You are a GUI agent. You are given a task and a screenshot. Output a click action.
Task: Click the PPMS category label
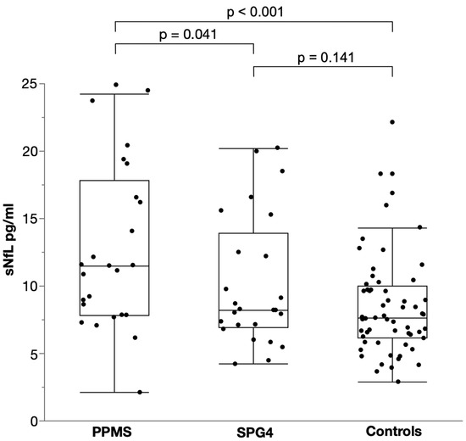coord(114,430)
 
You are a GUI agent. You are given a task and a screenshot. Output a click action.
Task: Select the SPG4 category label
coord(252,430)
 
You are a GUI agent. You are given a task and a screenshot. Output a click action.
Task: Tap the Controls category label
coord(392,430)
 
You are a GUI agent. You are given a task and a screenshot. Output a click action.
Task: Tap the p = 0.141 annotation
coord(323,59)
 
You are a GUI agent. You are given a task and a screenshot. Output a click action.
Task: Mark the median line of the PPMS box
coord(114,266)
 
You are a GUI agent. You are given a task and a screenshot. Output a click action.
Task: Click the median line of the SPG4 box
coord(252,310)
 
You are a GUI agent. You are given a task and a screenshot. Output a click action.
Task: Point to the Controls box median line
coord(392,318)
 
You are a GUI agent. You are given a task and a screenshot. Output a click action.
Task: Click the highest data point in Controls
coord(392,122)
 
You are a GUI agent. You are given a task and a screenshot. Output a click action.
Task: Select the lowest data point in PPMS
coord(140,392)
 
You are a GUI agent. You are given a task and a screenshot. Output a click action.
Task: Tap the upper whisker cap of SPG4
coord(252,148)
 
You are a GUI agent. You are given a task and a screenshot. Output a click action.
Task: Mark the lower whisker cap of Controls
coord(392,382)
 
